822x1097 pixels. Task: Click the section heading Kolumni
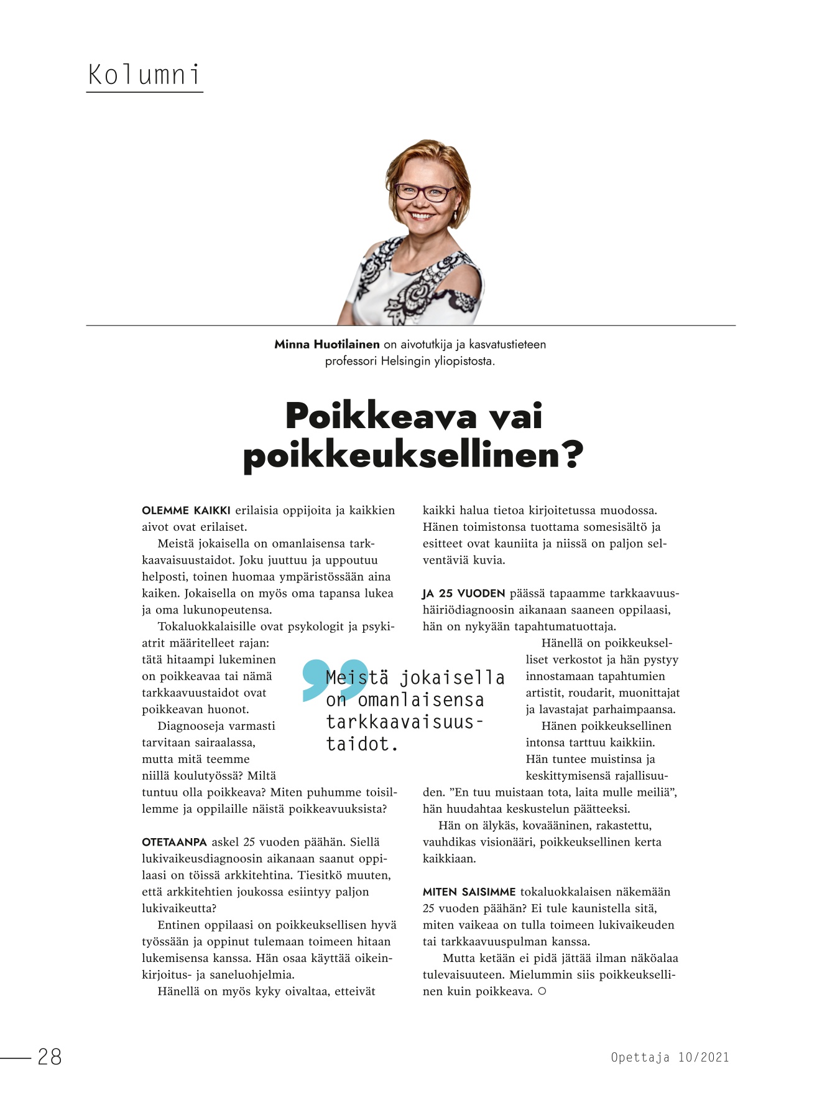(x=144, y=75)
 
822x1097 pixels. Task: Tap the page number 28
(x=50, y=1057)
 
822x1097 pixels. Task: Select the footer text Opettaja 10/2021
(x=670, y=1057)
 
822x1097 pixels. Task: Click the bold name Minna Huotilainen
(x=327, y=344)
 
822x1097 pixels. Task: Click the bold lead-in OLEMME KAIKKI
(x=186, y=511)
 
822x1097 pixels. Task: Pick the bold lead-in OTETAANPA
(x=174, y=843)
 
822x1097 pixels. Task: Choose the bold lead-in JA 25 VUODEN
(x=463, y=594)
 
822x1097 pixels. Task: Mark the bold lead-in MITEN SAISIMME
(x=469, y=892)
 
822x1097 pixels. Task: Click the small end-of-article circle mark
(x=542, y=991)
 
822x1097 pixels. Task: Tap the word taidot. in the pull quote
(x=362, y=744)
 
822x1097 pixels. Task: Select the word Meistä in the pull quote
(x=357, y=678)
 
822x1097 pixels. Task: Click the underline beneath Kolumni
(x=144, y=92)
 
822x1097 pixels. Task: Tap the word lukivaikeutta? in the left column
(x=179, y=908)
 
